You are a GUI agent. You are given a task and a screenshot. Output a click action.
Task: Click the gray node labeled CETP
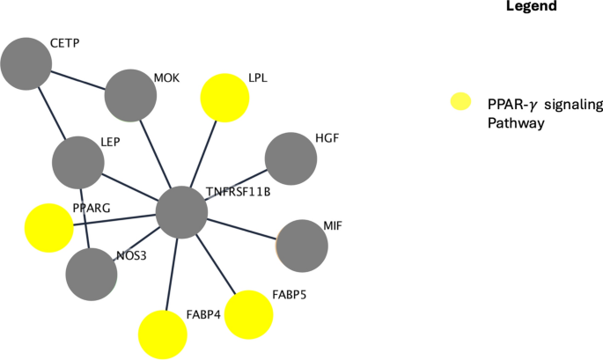[x=26, y=63]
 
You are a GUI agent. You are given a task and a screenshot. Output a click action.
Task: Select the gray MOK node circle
[x=130, y=95]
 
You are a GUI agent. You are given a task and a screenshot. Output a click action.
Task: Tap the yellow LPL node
[x=226, y=97]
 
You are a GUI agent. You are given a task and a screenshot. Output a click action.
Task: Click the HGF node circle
[x=290, y=158]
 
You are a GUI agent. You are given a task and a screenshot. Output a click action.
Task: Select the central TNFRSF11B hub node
[x=181, y=212]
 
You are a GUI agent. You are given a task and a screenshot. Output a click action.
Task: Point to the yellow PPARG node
[x=48, y=228]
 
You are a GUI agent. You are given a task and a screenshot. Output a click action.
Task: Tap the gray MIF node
[x=302, y=244]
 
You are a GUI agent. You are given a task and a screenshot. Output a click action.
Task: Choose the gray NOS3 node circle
[x=92, y=274]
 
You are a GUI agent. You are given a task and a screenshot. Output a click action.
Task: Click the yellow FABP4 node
[x=163, y=334]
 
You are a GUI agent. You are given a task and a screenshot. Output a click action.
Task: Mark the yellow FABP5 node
[x=249, y=314]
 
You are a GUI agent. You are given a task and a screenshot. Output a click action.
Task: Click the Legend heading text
[x=532, y=7]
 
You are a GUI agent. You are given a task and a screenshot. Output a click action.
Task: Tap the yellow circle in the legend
[x=459, y=102]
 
